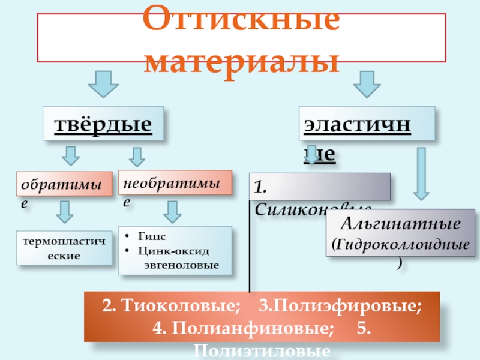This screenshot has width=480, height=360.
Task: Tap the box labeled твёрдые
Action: pos(103,125)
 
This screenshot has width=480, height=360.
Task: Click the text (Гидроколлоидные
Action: pos(400,244)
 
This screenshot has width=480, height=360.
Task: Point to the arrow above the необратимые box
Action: pos(137,157)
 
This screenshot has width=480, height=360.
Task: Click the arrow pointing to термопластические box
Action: pos(64,212)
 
